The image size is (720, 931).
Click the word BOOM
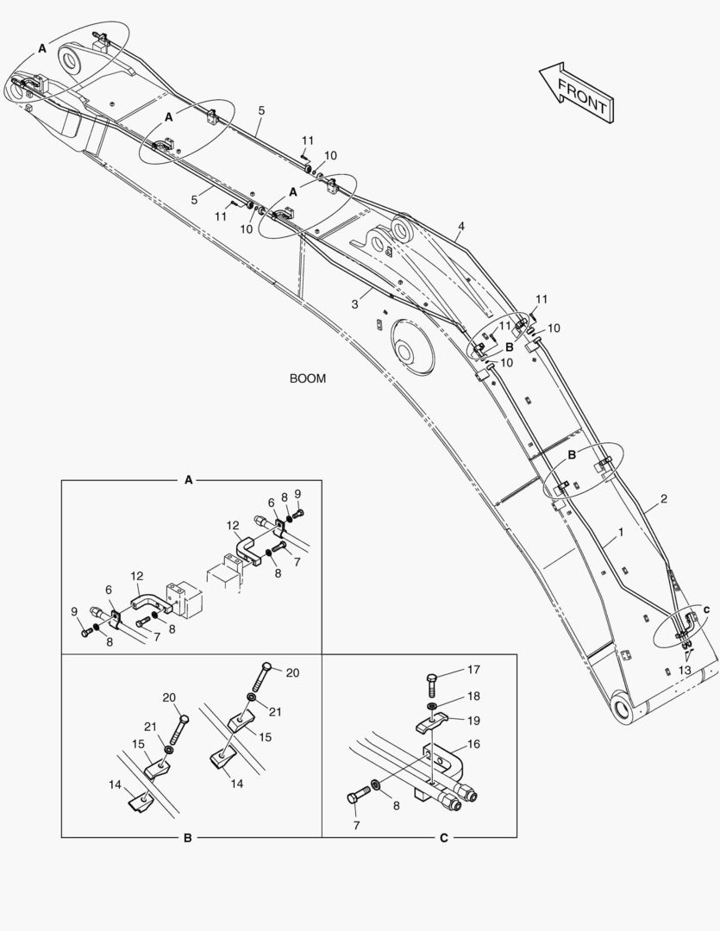tap(307, 378)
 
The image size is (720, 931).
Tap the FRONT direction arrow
tap(577, 93)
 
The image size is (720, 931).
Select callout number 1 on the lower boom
tap(621, 533)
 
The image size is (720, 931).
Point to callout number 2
tap(664, 499)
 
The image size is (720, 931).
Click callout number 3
tap(354, 304)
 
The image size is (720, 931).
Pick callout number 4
tap(461, 226)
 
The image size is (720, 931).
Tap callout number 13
tap(685, 671)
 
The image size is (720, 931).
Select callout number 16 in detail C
tap(473, 744)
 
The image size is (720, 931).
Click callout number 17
tap(473, 670)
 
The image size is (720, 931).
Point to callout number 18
tap(473, 696)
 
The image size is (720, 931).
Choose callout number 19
tap(473, 721)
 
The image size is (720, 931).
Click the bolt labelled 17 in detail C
tap(432, 685)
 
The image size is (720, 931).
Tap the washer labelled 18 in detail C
tap(430, 706)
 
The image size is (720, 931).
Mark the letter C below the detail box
tap(444, 839)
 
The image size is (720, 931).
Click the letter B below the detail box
tap(188, 839)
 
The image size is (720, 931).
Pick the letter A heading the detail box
tap(189, 480)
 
